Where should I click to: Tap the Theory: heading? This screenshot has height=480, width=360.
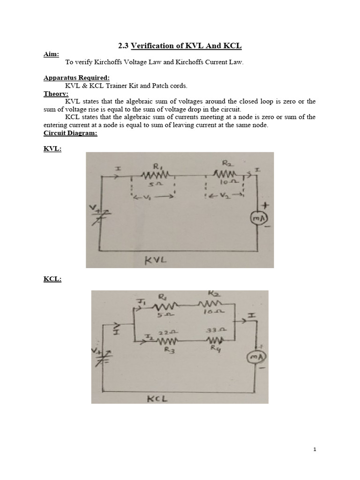[x=56, y=93]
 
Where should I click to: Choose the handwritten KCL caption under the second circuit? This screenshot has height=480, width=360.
[x=157, y=398]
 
